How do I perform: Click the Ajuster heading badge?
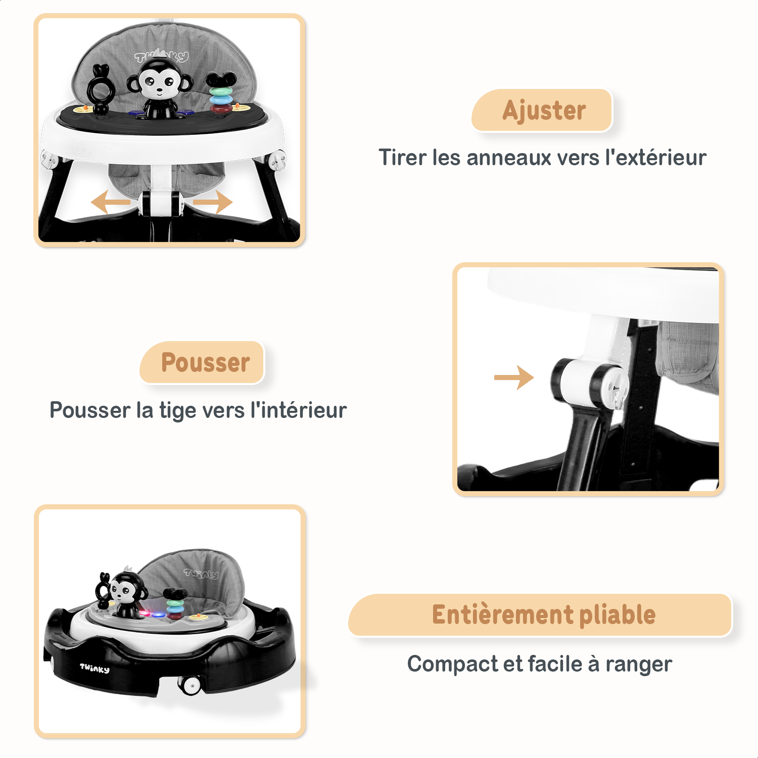542,110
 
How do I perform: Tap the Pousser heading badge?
202,362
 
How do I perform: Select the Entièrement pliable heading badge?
540,615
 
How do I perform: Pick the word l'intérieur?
299,410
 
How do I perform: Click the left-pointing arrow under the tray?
110,202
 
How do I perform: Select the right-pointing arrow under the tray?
213,202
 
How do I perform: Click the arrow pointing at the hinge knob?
514,377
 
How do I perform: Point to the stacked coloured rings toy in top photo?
220,94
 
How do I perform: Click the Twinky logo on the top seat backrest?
162,56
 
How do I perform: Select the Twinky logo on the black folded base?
94,668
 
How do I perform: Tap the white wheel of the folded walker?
192,686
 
